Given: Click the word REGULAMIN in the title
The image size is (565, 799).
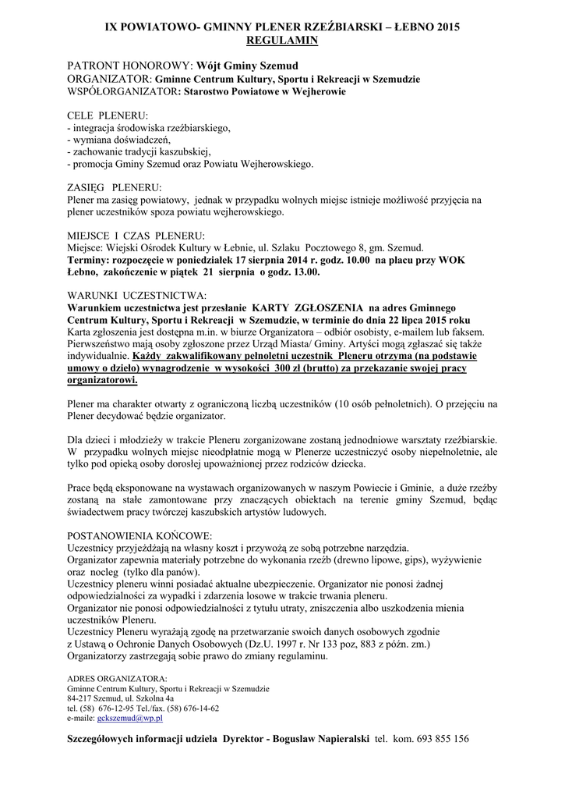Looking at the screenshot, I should click(x=281, y=38).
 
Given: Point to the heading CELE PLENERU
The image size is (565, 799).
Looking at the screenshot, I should click(x=102, y=115).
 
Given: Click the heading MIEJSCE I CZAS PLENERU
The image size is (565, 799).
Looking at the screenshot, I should click(x=136, y=235).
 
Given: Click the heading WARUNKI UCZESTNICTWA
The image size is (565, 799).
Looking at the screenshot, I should click(x=137, y=296).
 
